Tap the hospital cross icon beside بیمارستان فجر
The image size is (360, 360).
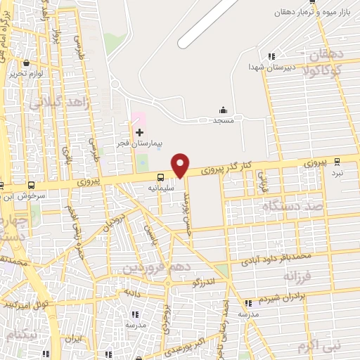(139, 132)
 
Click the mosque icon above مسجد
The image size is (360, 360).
(224, 110)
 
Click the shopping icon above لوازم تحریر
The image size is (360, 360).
(26, 63)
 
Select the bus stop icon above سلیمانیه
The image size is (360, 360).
(161, 177)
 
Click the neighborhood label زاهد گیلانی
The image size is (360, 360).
(53, 103)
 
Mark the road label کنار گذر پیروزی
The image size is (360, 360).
(226, 169)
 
